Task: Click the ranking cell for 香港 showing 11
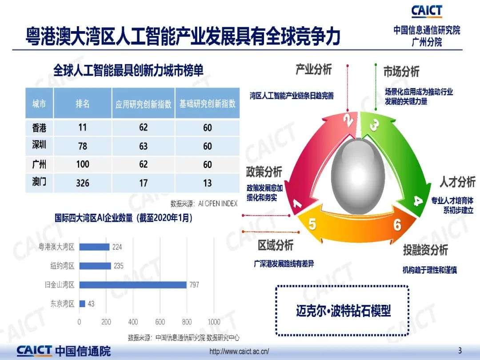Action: (x=82, y=128)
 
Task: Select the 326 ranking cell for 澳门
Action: (x=83, y=183)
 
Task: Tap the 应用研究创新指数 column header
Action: (x=143, y=104)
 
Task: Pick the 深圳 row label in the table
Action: (x=39, y=144)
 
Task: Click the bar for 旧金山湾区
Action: (x=133, y=285)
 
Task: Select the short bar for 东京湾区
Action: (x=82, y=304)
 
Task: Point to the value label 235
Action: (x=119, y=266)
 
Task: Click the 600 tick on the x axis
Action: (x=160, y=322)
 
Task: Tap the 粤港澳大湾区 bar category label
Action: (x=56, y=247)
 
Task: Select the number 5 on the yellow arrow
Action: (x=312, y=224)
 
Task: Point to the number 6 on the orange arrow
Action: (x=397, y=225)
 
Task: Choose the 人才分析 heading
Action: (x=457, y=182)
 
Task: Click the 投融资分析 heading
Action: (x=425, y=250)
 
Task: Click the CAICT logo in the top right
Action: (x=427, y=11)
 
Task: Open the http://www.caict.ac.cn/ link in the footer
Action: (x=239, y=351)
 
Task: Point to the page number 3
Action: (x=460, y=351)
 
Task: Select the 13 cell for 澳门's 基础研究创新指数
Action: (x=207, y=183)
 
